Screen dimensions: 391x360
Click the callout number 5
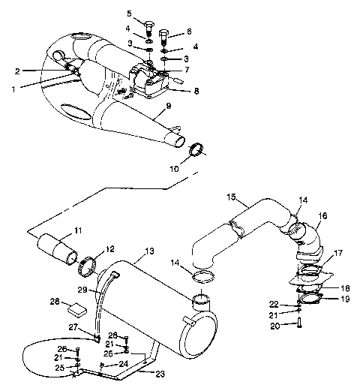click(129, 13)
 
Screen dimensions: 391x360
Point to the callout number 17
click(339, 254)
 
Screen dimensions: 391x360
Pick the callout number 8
click(196, 91)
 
